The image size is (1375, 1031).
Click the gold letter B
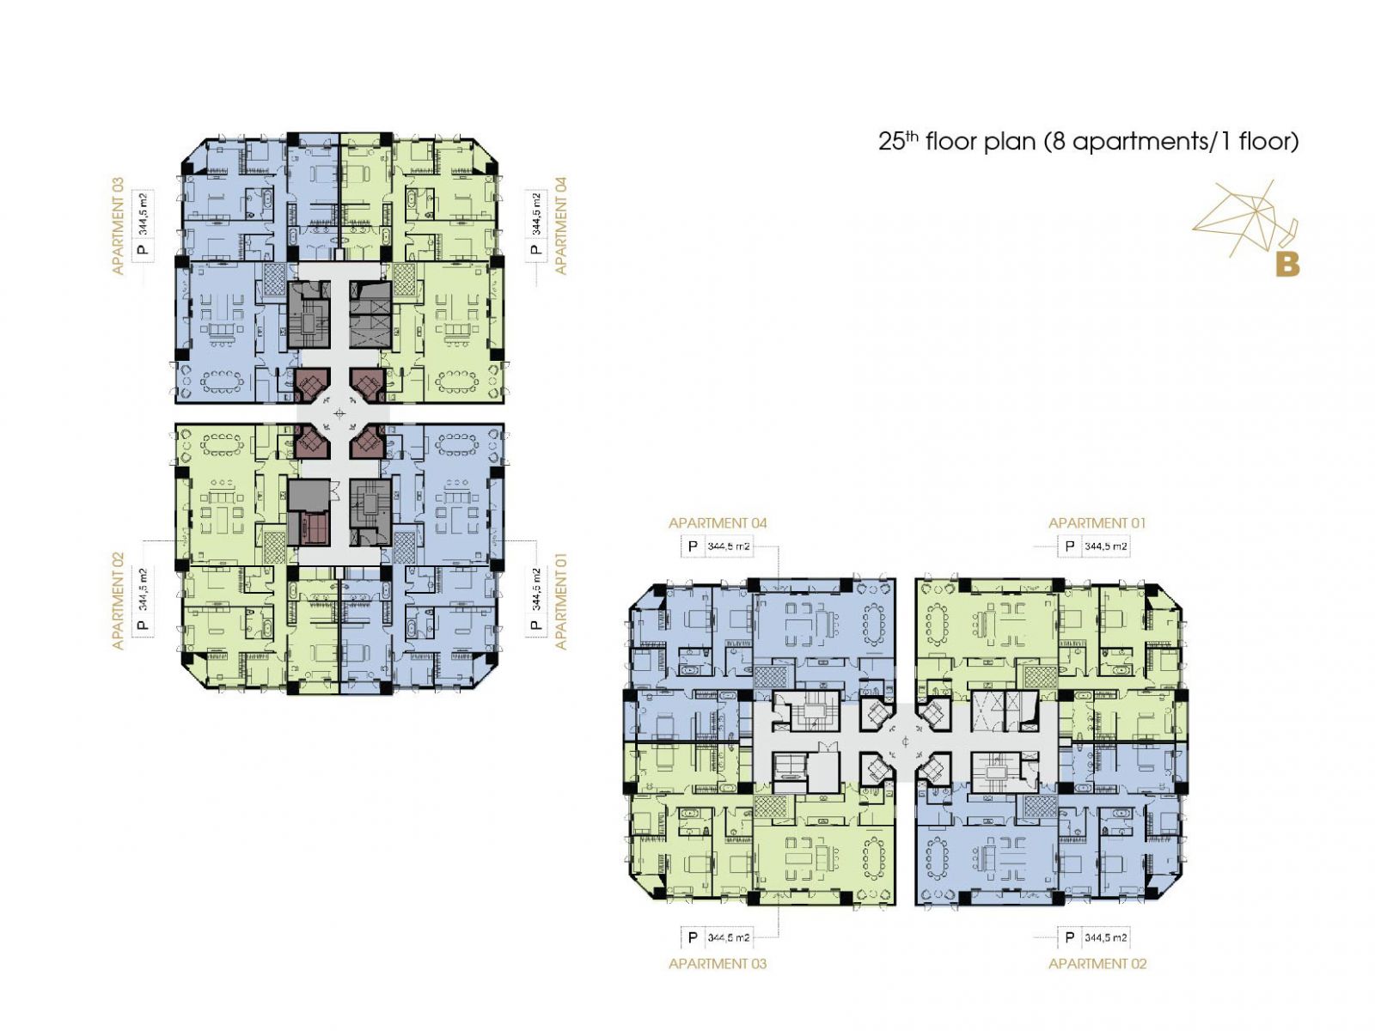pyautogui.click(x=1287, y=265)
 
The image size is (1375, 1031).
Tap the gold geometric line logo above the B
pyautogui.click(x=1244, y=217)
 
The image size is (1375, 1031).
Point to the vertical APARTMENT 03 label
pyautogui.click(x=118, y=226)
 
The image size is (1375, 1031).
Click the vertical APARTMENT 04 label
pyautogui.click(x=560, y=226)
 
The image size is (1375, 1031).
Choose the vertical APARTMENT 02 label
pyautogui.click(x=118, y=601)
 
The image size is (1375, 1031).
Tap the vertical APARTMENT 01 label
pyautogui.click(x=560, y=601)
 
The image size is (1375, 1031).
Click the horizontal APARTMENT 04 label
pyautogui.click(x=718, y=522)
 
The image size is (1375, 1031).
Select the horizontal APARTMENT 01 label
pyautogui.click(x=1097, y=522)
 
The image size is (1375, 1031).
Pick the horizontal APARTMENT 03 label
pyautogui.click(x=718, y=963)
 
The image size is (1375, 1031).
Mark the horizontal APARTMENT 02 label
pyautogui.click(x=1097, y=963)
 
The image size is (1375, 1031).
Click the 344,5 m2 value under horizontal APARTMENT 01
pyautogui.click(x=1106, y=546)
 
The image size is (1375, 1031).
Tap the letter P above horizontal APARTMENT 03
pyautogui.click(x=692, y=937)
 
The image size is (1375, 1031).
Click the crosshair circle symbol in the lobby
pyautogui.click(x=339, y=413)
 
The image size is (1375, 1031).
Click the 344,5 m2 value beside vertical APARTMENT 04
pyautogui.click(x=536, y=215)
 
